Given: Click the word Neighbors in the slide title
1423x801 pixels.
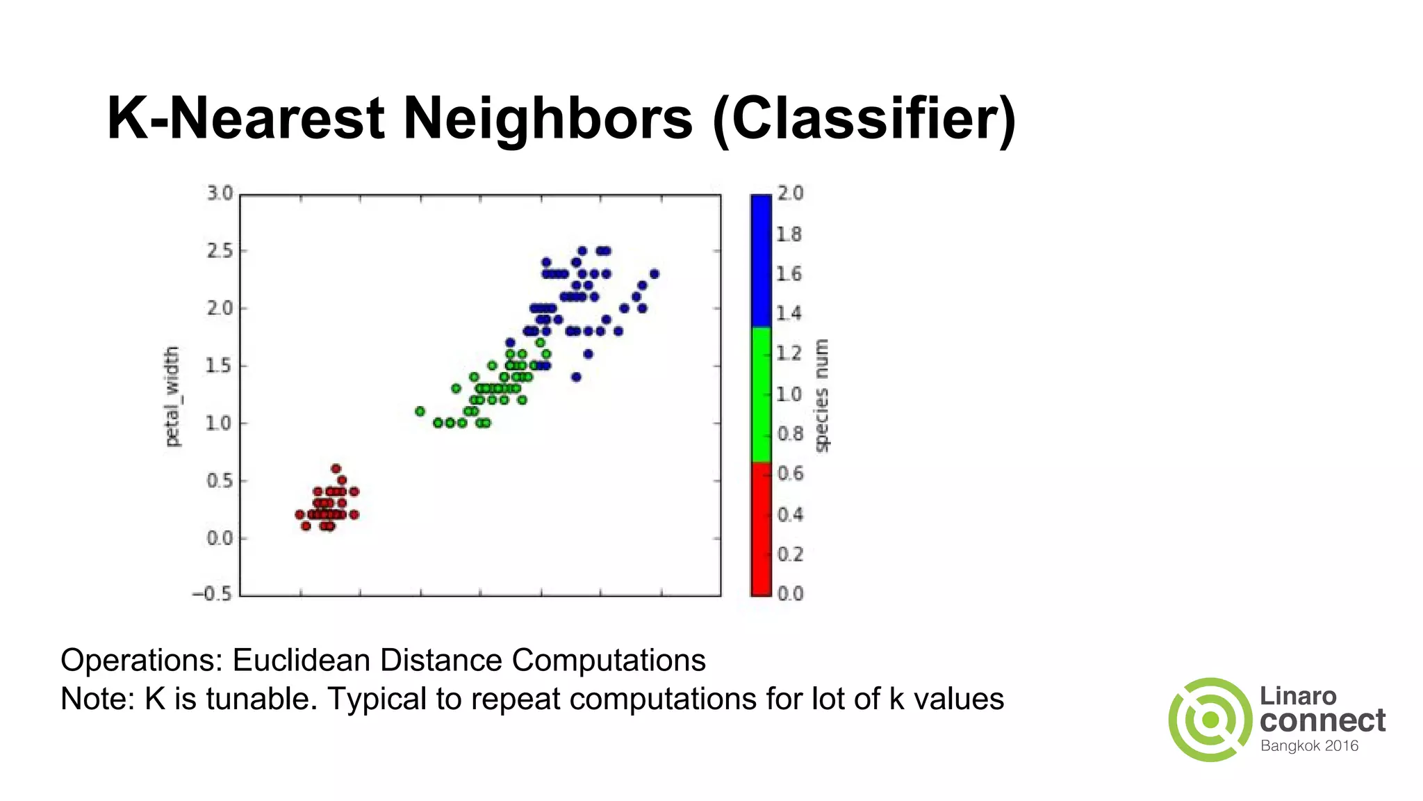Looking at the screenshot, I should [x=548, y=118].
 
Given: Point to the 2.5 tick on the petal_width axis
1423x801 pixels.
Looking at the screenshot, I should [x=220, y=251].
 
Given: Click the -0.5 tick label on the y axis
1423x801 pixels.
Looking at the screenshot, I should [x=213, y=594].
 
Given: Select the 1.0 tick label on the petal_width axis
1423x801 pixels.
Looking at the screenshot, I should [x=220, y=423].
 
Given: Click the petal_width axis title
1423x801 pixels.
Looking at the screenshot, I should [x=172, y=396].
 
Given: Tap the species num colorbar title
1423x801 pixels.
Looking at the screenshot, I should [x=822, y=396].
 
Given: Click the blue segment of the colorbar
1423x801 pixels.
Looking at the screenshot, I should [x=761, y=261].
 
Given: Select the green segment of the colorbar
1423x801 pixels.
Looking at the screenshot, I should [x=761, y=394].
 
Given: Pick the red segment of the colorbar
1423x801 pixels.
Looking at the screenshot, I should [x=761, y=528].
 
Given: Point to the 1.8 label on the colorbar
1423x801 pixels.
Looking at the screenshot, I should [x=789, y=234].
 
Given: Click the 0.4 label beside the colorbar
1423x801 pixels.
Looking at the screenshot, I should [x=790, y=515].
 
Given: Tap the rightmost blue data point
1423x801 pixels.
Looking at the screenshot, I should [x=654, y=274].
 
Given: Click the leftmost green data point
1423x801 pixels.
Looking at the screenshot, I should [x=420, y=412].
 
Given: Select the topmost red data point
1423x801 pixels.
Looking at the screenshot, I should [x=336, y=469].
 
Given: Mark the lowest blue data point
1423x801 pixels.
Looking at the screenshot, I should [x=576, y=378].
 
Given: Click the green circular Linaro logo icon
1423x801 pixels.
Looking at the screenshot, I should [x=1210, y=720].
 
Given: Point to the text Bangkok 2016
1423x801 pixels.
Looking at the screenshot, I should [x=1309, y=746].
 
